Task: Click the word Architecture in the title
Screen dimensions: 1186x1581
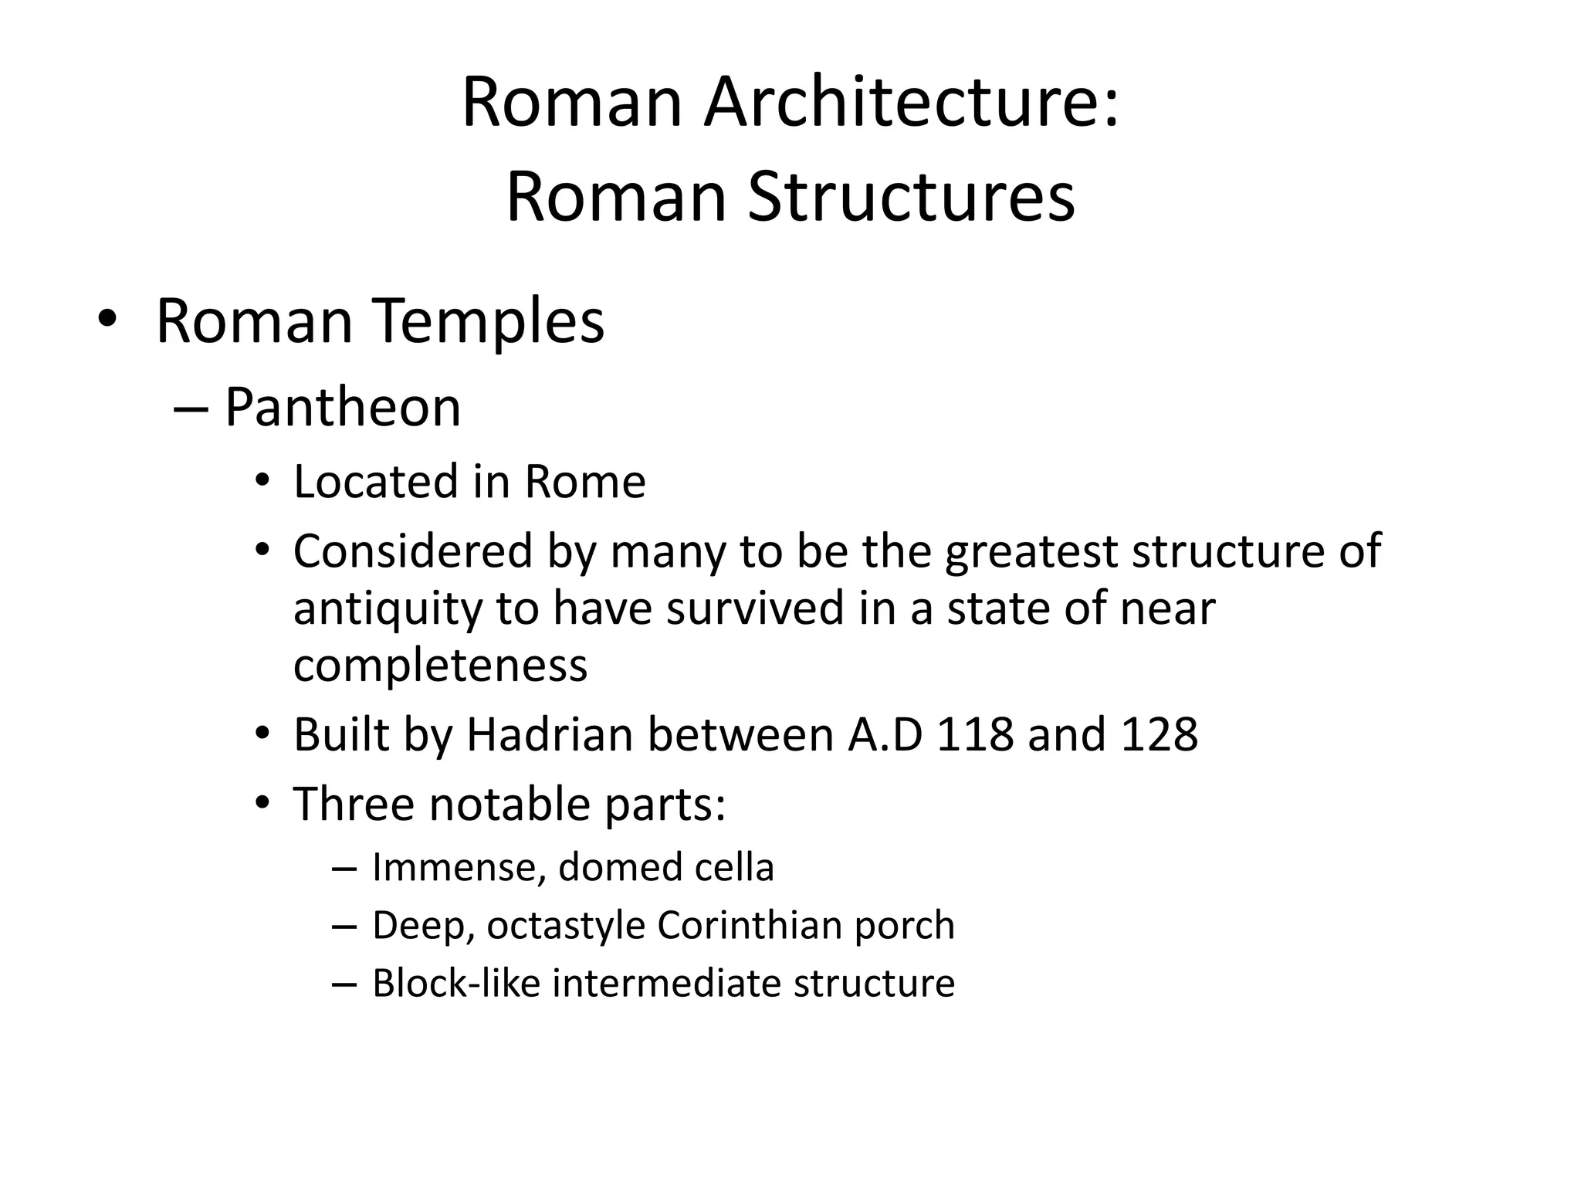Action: [x=910, y=103]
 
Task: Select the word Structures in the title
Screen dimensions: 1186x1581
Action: [x=911, y=198]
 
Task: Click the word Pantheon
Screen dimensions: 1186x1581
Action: [x=343, y=407]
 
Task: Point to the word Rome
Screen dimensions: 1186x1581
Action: [x=584, y=482]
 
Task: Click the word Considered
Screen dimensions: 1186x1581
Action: [x=413, y=551]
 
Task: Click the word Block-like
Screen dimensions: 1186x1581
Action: [x=455, y=983]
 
